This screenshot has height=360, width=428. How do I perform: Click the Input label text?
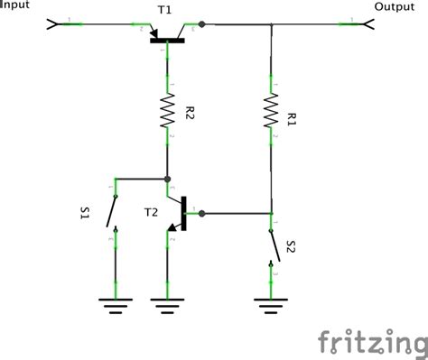pyautogui.click(x=16, y=5)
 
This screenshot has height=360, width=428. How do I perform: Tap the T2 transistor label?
pyautogui.click(x=152, y=213)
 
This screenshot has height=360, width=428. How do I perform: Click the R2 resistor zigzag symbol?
pyautogui.click(x=167, y=111)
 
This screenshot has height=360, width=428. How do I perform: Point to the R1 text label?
pyautogui.click(x=291, y=117)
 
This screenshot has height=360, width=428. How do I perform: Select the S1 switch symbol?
pyautogui.click(x=112, y=215)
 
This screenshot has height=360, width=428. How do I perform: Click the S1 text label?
pyautogui.click(x=85, y=214)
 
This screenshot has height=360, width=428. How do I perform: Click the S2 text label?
pyautogui.click(x=291, y=246)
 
